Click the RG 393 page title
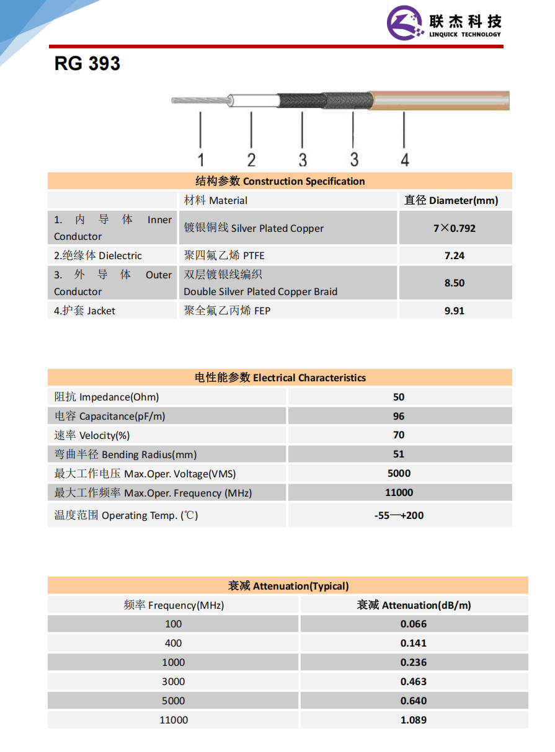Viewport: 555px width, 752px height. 87,63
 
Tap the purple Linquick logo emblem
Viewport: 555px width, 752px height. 406,23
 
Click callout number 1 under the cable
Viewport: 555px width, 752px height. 200,159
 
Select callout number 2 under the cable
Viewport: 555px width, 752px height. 251,159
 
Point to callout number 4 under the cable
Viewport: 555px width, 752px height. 404,159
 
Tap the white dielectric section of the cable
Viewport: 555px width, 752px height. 254,100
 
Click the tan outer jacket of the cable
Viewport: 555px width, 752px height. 440,100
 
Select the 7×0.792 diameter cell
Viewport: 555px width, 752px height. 455,228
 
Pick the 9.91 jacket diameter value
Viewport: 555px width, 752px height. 455,311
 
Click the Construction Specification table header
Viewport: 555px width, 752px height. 280,181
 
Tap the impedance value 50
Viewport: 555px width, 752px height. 399,397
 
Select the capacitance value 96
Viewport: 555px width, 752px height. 399,416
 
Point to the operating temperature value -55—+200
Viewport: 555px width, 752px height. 399,515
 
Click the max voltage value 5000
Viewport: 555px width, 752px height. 399,473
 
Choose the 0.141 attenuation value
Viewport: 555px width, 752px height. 414,643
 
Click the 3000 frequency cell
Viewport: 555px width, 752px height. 174,681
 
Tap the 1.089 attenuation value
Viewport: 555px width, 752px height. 414,720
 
